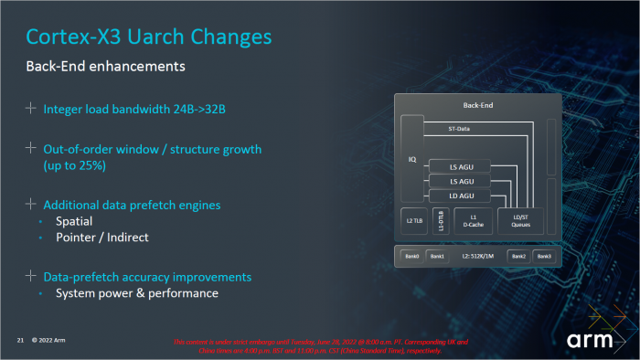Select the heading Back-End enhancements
[105, 67]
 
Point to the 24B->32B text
[195, 110]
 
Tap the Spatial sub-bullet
[74, 221]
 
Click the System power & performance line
[136, 293]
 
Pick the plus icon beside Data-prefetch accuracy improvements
[32, 276]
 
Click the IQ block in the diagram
[411, 158]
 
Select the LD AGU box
[462, 196]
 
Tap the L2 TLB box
[412, 220]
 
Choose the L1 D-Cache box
[473, 220]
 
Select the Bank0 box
[412, 257]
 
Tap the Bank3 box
[544, 257]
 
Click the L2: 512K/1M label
[478, 257]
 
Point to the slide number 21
[19, 340]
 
